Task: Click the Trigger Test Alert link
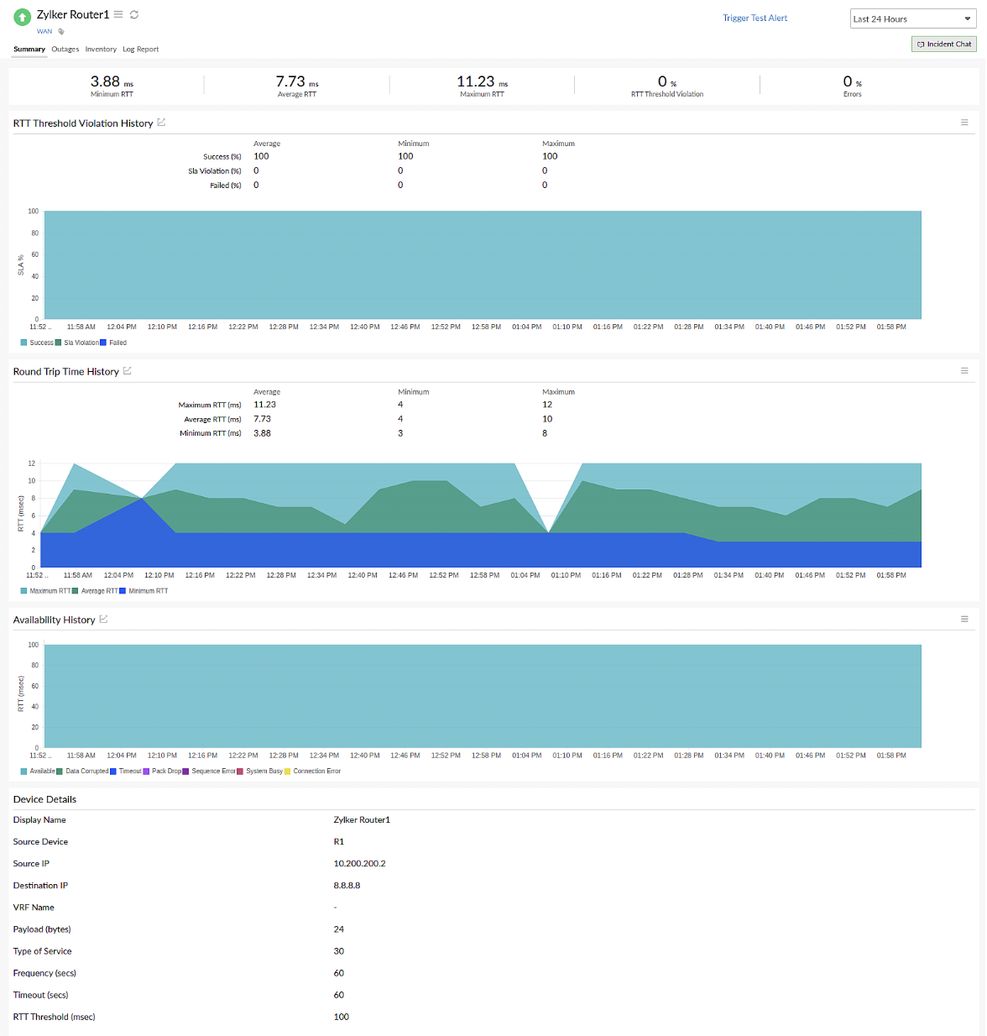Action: coord(755,18)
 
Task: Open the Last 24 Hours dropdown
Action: coord(911,18)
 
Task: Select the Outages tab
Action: coord(65,49)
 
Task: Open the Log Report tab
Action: coord(140,49)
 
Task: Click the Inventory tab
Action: coord(101,49)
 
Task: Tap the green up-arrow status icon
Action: coord(23,16)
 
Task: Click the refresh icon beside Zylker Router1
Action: coord(134,14)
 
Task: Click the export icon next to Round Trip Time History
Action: coord(128,370)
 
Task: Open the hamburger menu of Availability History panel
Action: coord(964,619)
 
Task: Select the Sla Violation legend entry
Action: coord(81,343)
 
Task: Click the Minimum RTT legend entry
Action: coord(148,591)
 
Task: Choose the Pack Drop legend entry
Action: coord(166,771)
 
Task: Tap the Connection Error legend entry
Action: coord(316,771)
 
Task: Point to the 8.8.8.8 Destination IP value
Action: coord(347,885)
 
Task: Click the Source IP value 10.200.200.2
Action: coord(359,863)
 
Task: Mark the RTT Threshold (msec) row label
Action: coord(54,1017)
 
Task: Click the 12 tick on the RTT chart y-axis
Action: coord(32,463)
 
